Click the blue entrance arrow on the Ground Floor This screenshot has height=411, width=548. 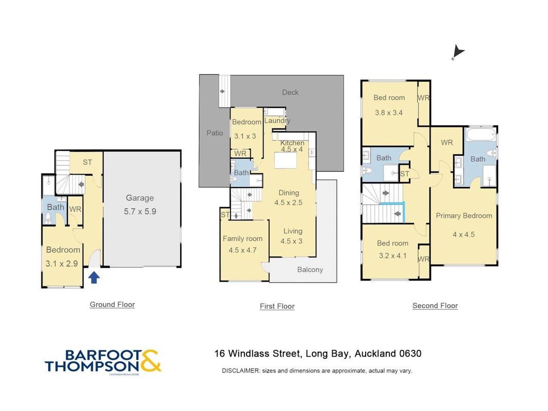[94, 278]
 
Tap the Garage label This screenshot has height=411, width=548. [140, 198]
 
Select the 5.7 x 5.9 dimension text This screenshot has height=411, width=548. [140, 212]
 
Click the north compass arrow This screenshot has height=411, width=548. [458, 52]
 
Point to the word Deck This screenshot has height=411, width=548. [290, 92]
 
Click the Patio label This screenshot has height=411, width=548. [215, 133]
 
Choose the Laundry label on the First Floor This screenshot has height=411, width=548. [277, 121]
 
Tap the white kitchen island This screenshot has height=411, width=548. [286, 161]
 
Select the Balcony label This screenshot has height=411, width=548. [310, 270]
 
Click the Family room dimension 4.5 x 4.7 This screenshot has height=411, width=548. [242, 250]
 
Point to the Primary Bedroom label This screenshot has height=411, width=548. [464, 216]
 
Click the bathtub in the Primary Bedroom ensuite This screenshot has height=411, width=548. [481, 134]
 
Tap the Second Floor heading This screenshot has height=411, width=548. [435, 306]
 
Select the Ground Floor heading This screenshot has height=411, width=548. [112, 305]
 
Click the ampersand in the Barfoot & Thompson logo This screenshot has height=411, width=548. [150, 360]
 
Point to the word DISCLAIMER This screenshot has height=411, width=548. [241, 371]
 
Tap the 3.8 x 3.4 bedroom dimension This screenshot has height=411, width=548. [389, 113]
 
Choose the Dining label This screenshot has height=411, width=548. [289, 193]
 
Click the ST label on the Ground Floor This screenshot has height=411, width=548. [87, 162]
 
